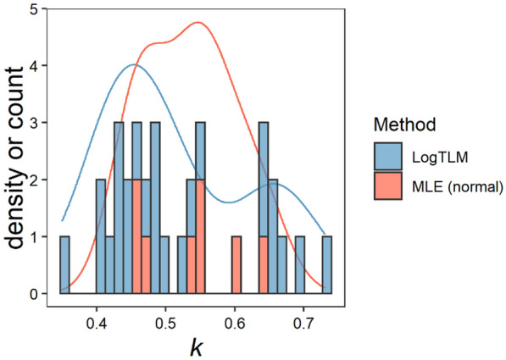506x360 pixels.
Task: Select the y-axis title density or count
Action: [x=17, y=152]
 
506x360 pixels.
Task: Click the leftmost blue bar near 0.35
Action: [x=64, y=265]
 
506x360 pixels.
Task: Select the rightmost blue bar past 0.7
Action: [x=327, y=265]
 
